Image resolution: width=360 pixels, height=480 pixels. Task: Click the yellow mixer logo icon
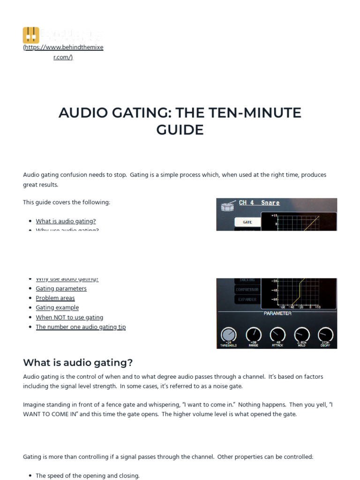31,35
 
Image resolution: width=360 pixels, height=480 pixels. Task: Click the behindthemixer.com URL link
63,52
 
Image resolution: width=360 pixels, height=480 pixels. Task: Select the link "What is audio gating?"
66,221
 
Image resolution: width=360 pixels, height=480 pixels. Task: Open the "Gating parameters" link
61,289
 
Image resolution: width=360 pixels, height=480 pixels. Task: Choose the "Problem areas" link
55,298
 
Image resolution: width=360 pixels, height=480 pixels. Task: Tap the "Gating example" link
57,308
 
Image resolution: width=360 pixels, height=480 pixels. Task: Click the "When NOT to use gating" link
69,317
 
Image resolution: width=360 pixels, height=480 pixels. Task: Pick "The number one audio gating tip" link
81,327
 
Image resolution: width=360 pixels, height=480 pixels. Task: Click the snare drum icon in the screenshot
227,204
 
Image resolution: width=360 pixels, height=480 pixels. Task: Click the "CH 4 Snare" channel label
259,203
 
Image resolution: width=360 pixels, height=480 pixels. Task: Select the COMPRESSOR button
247,290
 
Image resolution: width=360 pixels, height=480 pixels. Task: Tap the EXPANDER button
247,299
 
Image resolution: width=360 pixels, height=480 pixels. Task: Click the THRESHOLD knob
228,334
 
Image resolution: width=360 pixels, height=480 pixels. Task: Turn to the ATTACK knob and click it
277,334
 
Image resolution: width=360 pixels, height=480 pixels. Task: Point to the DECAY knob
325,334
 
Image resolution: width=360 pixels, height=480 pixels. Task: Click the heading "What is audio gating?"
78,362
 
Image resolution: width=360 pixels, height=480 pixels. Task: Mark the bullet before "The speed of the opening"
30,476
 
